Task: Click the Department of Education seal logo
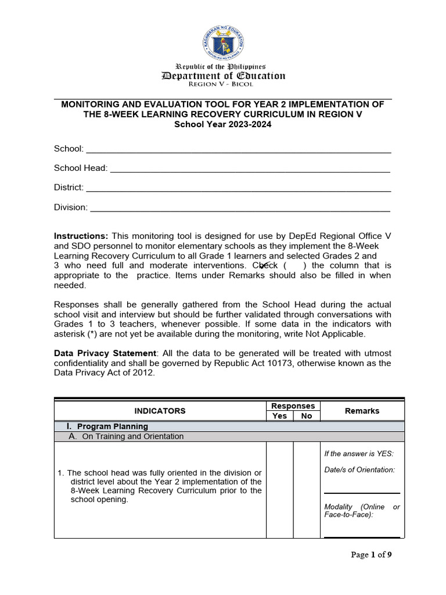224,43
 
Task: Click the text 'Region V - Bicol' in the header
224,85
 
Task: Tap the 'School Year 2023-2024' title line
223,124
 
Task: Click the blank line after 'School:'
238,150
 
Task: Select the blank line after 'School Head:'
250,169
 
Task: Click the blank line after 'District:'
238,188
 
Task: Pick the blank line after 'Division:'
240,207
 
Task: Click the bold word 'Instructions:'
81,236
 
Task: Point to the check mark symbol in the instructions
265,265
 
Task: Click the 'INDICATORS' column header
160,411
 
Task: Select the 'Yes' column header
279,416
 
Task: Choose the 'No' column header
307,416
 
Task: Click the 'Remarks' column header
362,411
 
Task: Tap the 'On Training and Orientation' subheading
132,436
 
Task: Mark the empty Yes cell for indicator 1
279,490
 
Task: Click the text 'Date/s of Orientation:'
359,469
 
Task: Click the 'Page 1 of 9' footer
371,555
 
